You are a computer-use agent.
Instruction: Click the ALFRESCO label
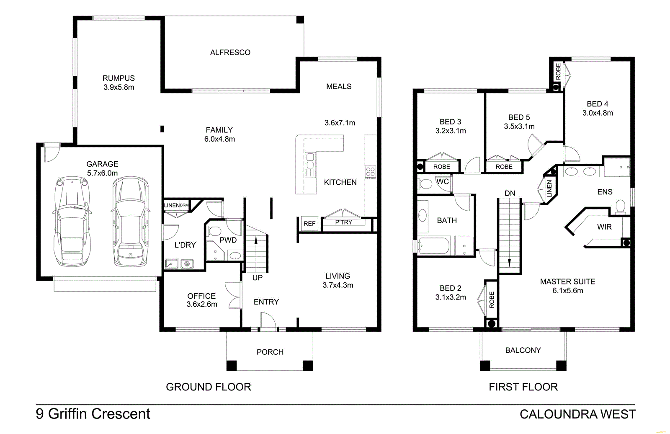[230, 52]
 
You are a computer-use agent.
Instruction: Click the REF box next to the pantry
[309, 224]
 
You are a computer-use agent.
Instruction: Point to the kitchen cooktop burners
[370, 172]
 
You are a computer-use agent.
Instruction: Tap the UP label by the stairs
[258, 278]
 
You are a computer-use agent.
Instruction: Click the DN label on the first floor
[510, 193]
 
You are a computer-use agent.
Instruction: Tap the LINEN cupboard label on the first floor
[549, 189]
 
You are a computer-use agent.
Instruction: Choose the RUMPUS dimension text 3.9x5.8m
[119, 87]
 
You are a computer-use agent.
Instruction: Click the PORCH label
[270, 352]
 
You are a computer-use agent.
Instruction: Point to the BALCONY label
[523, 350]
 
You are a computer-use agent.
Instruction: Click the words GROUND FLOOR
[209, 387]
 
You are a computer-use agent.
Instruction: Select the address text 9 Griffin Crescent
[93, 414]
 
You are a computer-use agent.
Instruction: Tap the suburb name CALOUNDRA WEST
[577, 414]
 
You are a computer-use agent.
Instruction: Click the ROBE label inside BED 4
[558, 71]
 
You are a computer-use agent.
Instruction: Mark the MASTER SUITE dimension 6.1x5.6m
[567, 291]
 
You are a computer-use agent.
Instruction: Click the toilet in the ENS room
[620, 207]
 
